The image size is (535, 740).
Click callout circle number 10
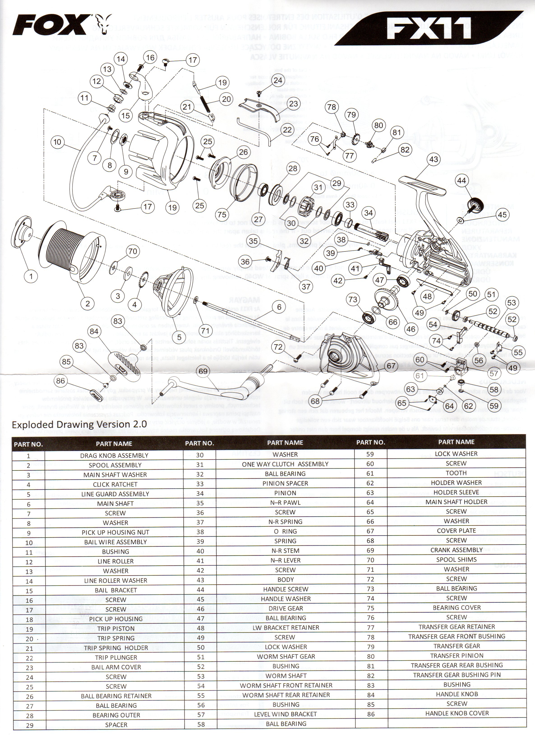pyautogui.click(x=57, y=142)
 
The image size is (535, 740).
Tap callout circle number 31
pyautogui.click(x=318, y=187)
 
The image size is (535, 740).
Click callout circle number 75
pyautogui.click(x=222, y=214)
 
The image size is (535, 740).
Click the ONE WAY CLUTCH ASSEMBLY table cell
pyautogui.click(x=285, y=464)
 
